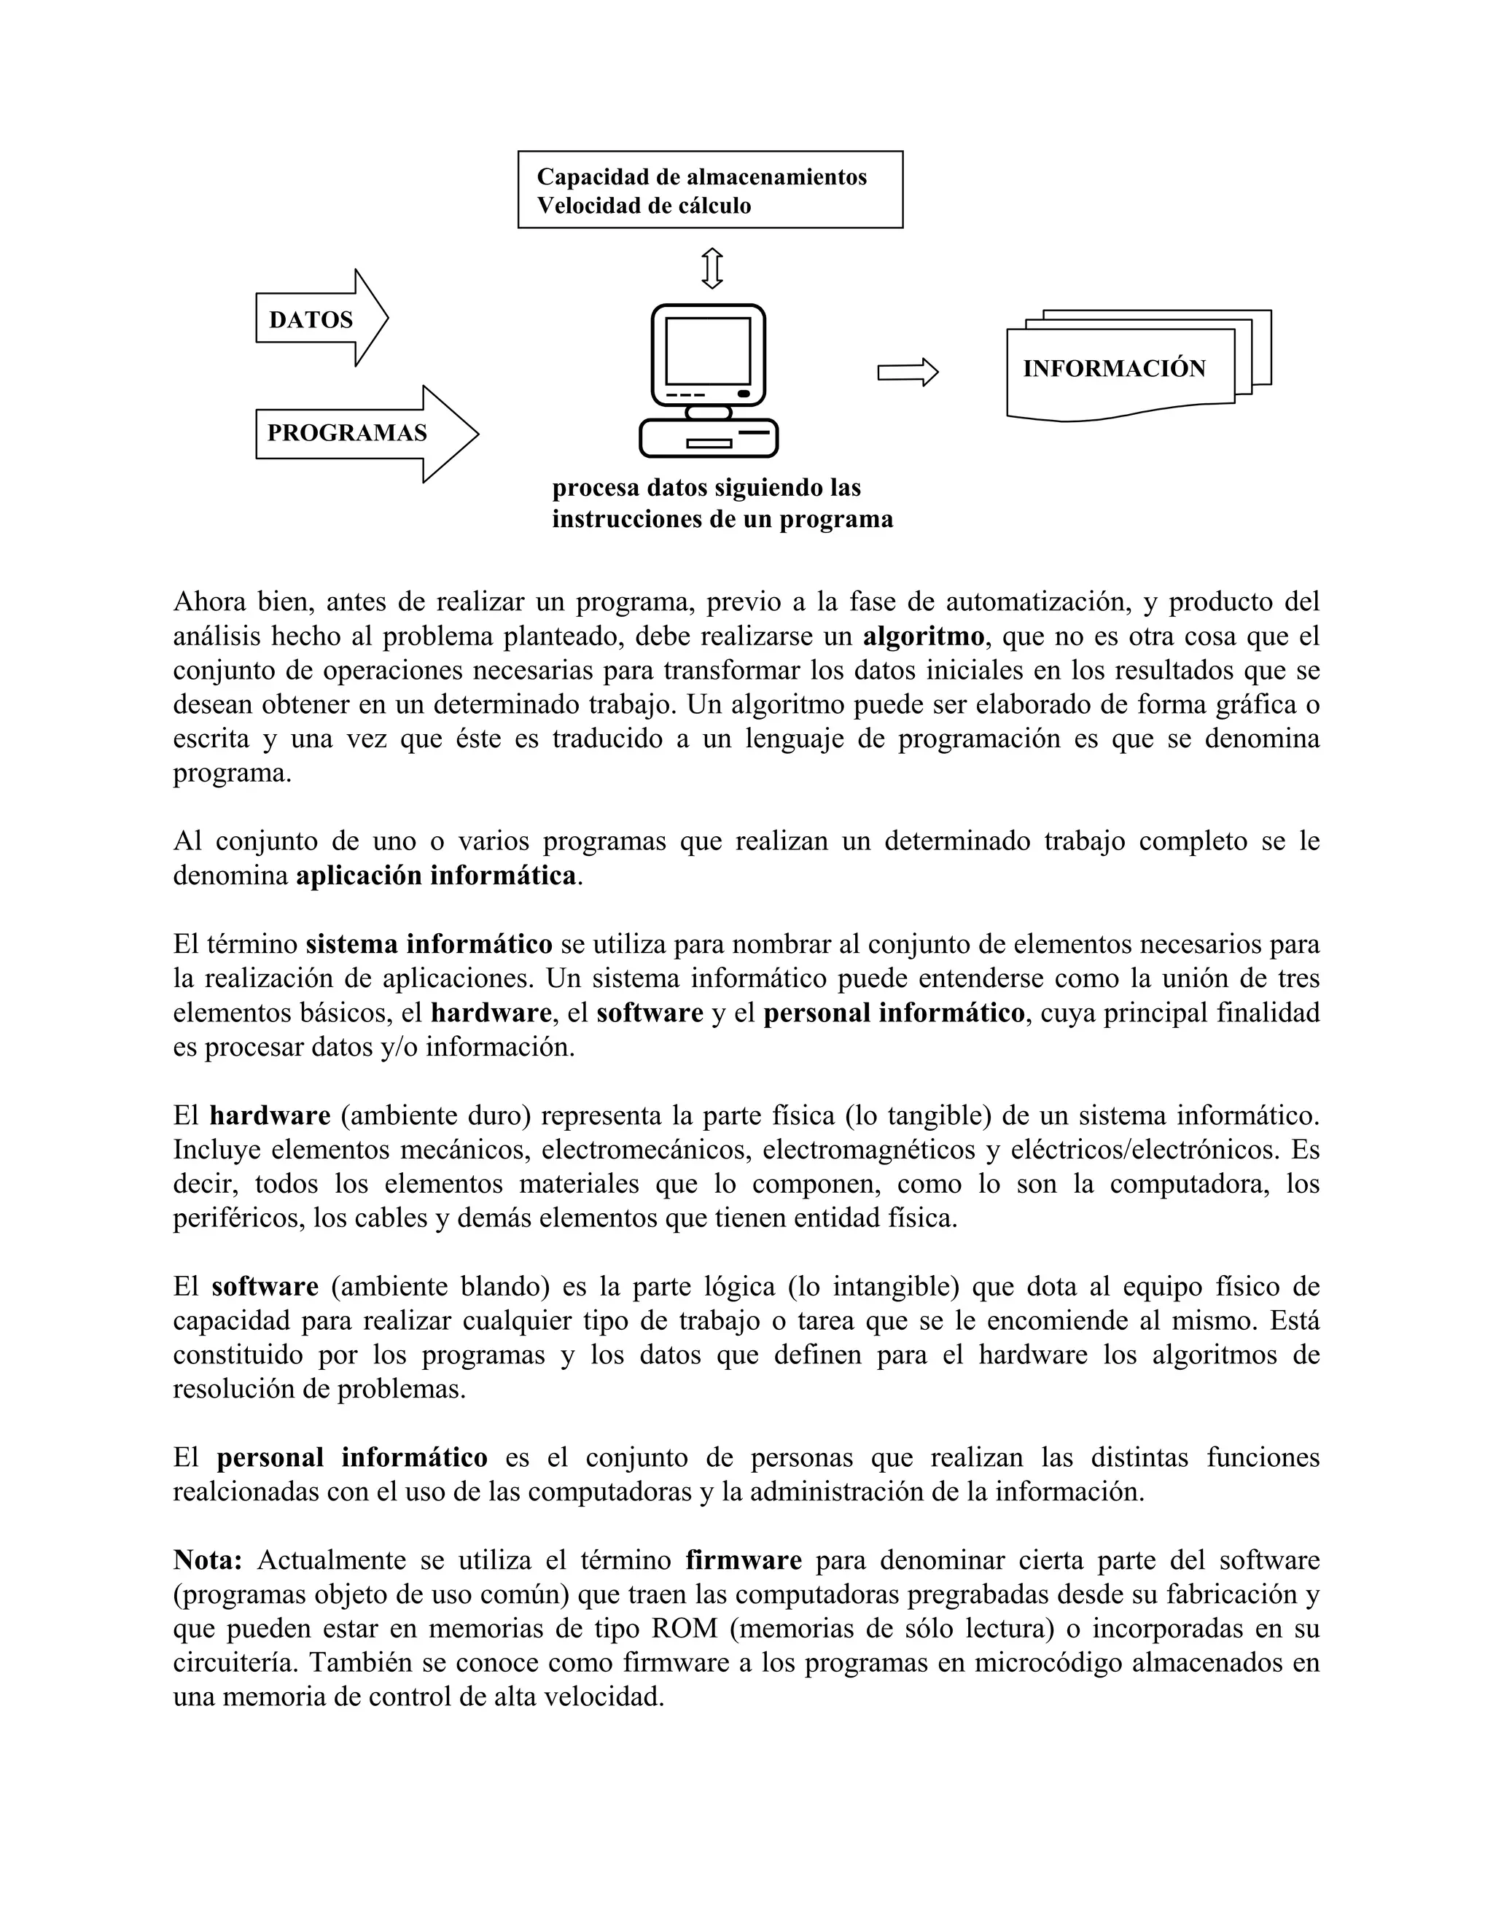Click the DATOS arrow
pos(320,319)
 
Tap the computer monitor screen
pos(708,350)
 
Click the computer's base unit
pos(709,439)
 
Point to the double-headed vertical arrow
pos(712,268)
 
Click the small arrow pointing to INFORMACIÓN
pos(908,373)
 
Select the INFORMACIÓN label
pos(1115,369)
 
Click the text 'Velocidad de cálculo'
pos(644,206)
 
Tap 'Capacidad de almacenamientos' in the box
pos(701,177)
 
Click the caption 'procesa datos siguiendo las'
pos(706,488)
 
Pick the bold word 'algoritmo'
pos(922,636)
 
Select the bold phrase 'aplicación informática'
pos(436,876)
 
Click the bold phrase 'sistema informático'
pos(429,944)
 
